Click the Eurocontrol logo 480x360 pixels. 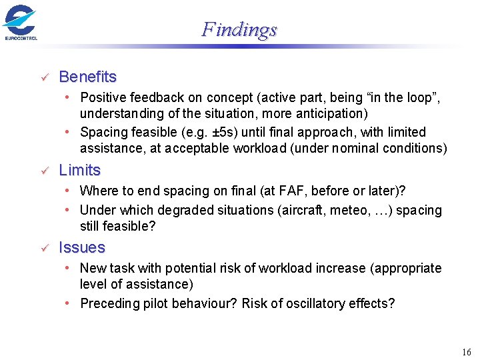20,22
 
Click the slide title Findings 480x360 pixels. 239,30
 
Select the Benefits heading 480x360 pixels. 88,77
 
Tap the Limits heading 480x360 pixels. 80,170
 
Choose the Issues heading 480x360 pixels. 82,247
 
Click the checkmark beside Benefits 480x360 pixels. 45,78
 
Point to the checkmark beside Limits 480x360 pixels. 45,171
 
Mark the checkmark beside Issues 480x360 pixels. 45,249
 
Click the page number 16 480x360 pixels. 465,351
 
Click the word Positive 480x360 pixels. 103,97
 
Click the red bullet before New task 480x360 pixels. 69,268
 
